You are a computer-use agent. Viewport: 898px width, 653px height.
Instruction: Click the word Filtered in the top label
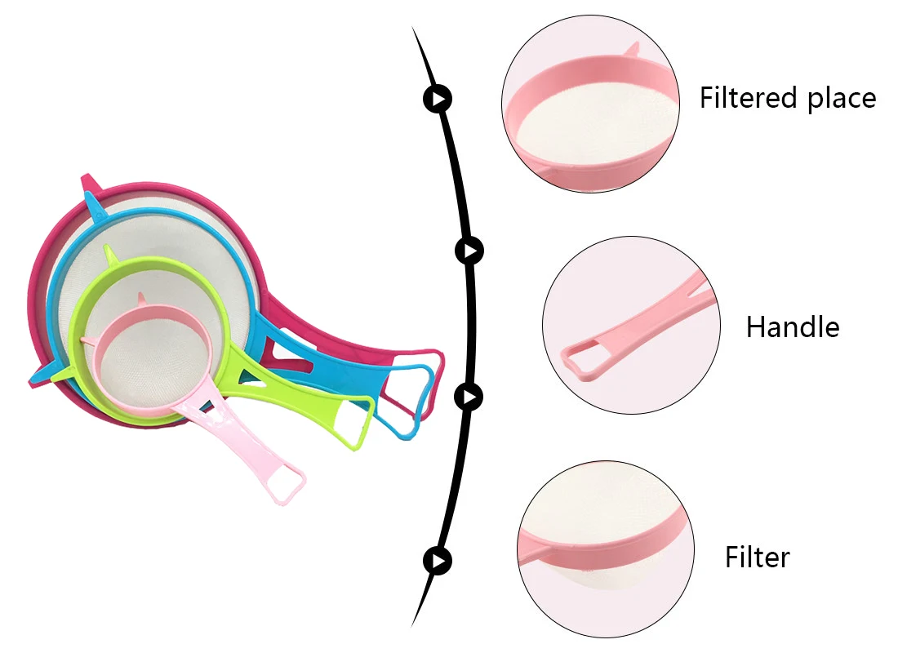click(x=749, y=97)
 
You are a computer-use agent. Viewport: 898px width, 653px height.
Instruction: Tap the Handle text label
click(x=793, y=327)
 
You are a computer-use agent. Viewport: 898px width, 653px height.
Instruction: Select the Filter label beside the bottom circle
click(x=758, y=557)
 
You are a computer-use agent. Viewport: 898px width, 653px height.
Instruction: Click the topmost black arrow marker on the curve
click(x=438, y=99)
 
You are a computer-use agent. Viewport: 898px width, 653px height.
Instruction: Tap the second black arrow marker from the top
click(x=469, y=251)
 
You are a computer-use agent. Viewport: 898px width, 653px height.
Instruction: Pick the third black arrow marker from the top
click(x=469, y=397)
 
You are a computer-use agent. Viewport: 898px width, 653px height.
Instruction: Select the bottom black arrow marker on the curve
click(x=438, y=561)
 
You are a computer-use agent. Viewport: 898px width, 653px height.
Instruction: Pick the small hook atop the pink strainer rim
click(x=141, y=299)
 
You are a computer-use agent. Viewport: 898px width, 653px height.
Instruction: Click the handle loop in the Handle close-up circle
click(x=580, y=361)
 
